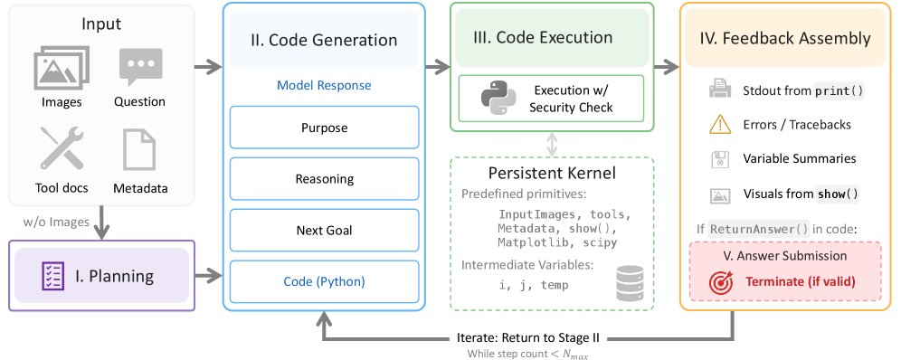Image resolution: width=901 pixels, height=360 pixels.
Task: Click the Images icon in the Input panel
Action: tap(62, 68)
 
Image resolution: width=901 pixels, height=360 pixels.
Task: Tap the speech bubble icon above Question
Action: tap(140, 67)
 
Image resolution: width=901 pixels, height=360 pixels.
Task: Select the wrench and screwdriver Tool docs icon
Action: tap(62, 147)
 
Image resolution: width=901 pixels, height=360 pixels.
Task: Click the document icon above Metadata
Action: tap(139, 149)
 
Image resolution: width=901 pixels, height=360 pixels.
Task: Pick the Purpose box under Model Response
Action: tap(325, 128)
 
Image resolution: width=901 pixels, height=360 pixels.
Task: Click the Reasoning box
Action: tap(325, 178)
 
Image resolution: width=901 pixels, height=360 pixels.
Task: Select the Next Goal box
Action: tap(325, 231)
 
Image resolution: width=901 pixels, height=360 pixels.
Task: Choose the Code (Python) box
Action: tap(325, 281)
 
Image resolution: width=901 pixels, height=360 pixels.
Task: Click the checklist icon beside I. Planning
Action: tap(53, 276)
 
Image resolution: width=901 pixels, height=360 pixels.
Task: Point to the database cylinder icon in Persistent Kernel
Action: tap(630, 283)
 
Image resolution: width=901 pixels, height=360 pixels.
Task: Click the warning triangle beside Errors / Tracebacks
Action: tap(720, 125)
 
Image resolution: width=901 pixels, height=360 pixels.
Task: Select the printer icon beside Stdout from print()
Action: tap(720, 90)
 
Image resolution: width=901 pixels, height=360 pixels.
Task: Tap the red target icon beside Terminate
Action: tap(721, 282)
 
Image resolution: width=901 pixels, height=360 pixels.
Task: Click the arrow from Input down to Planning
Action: tap(101, 223)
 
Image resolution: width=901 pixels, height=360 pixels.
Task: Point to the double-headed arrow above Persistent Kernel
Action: tap(552, 144)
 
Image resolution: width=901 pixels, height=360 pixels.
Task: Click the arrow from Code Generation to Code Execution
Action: tap(438, 67)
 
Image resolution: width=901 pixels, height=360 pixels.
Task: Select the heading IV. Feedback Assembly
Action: tap(785, 39)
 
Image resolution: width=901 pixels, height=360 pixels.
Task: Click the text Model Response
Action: tap(324, 86)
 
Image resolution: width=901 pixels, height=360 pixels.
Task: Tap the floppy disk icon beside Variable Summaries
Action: tap(720, 159)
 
